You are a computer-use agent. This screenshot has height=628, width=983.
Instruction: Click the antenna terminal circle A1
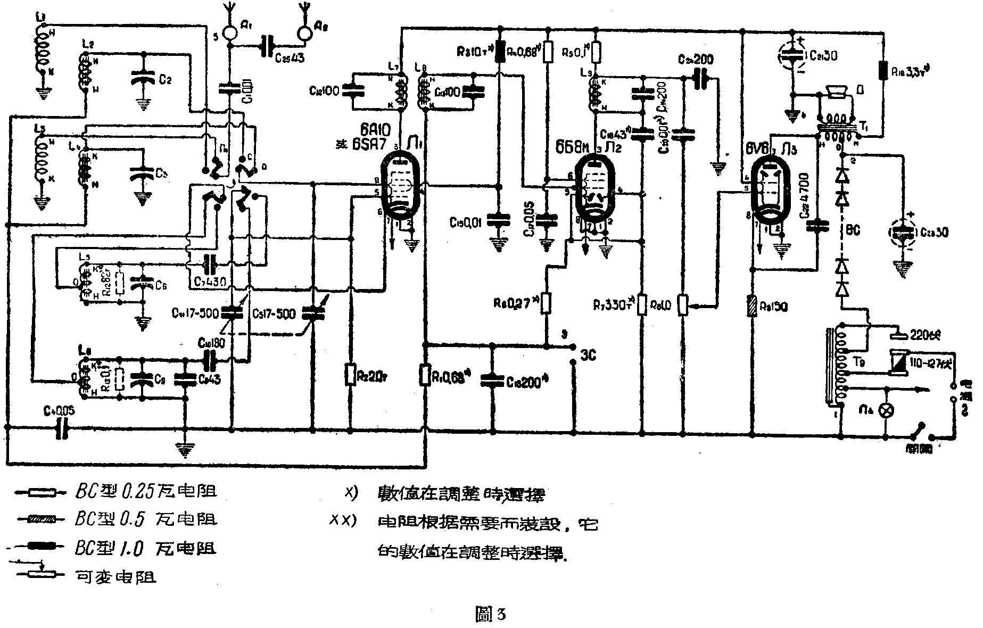tap(230, 32)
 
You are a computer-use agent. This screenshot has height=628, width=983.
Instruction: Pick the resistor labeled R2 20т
tap(350, 374)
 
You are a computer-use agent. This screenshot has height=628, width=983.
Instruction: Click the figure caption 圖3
tap(489, 615)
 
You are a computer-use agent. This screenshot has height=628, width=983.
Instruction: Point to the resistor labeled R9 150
tap(752, 307)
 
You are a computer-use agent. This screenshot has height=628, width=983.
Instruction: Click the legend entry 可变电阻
tap(115, 576)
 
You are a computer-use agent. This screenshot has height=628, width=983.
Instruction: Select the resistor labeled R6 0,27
tap(546, 304)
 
